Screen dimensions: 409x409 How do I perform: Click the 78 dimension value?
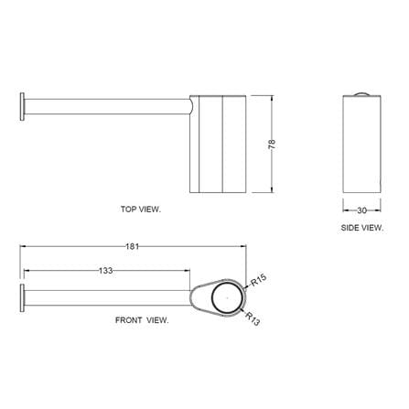coord(272,144)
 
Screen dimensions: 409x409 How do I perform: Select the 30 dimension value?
coord(361,210)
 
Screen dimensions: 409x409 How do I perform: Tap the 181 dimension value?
coord(132,246)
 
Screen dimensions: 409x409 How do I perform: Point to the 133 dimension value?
coord(105,270)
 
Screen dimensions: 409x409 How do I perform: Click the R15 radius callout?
coord(259,280)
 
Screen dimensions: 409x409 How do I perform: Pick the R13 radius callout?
coord(253,318)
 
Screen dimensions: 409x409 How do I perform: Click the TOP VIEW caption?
coord(140,210)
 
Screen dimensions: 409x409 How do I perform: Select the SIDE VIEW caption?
coord(362,228)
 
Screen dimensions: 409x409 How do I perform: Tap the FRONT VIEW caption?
coord(142,320)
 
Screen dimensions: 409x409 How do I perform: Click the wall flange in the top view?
coord(22,106)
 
